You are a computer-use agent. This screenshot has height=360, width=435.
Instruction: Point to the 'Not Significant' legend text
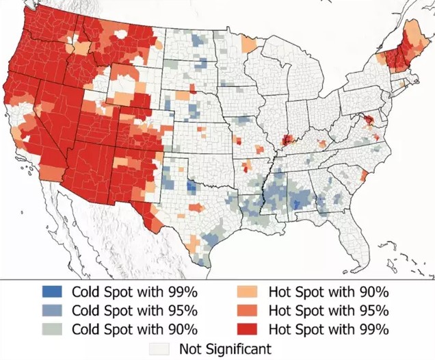coord(226,348)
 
